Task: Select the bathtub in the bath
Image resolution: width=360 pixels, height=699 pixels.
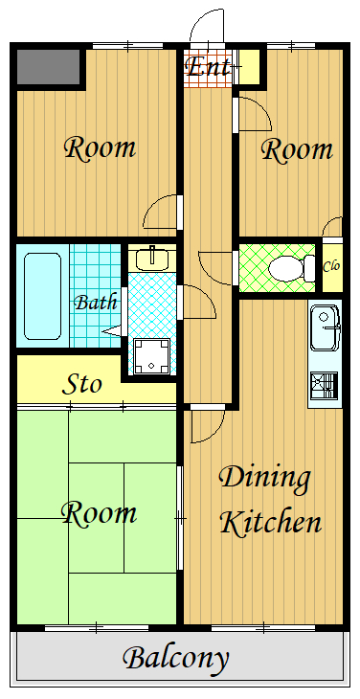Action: pos(42,296)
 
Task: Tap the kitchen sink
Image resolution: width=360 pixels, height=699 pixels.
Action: pos(326,327)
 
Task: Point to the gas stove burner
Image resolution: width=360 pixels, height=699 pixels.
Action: pos(324,385)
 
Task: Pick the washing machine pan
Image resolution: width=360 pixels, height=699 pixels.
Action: pos(152,356)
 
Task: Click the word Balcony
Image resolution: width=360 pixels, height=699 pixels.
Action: pos(176,659)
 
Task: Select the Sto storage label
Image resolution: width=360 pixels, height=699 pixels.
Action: pos(82,383)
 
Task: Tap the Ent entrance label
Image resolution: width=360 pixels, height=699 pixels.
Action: pos(208,67)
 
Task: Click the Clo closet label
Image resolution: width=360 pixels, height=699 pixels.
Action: pos(331,266)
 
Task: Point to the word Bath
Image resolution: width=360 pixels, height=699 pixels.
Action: pos(96,303)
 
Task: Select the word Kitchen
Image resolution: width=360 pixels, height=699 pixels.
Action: pos(271,522)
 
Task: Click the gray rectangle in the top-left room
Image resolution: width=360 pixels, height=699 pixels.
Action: pos(48,66)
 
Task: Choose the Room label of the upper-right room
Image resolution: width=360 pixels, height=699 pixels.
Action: pos(297,149)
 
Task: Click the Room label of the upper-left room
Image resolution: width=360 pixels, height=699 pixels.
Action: pos(100,148)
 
